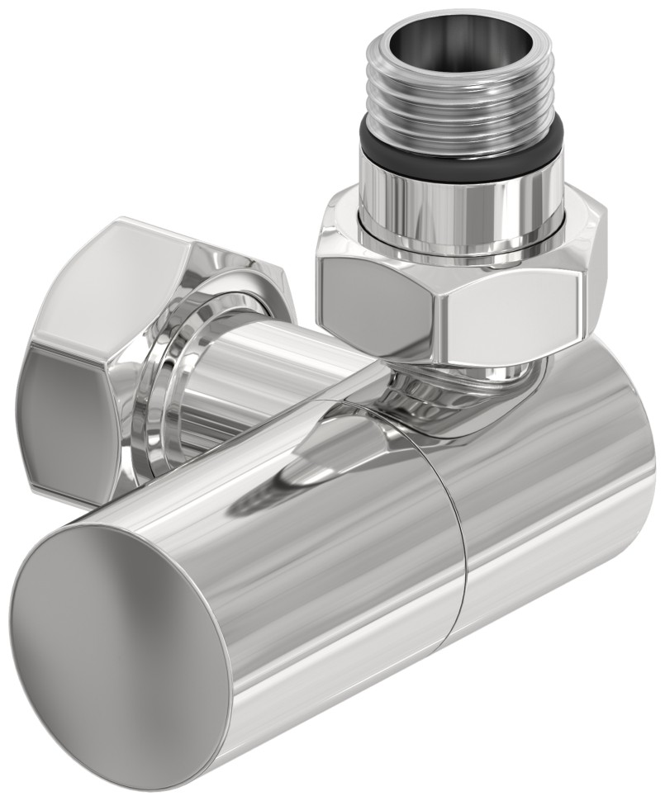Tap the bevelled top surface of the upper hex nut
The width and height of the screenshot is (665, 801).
point(347,223)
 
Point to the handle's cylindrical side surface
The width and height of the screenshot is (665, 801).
point(347,595)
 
